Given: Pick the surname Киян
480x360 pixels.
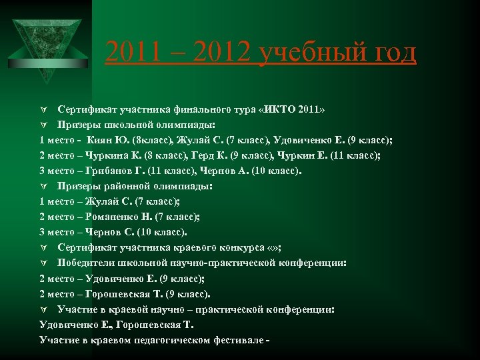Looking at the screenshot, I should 100,140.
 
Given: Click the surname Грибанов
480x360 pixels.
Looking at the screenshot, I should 111,171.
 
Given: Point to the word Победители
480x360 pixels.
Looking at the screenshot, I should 89,263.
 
